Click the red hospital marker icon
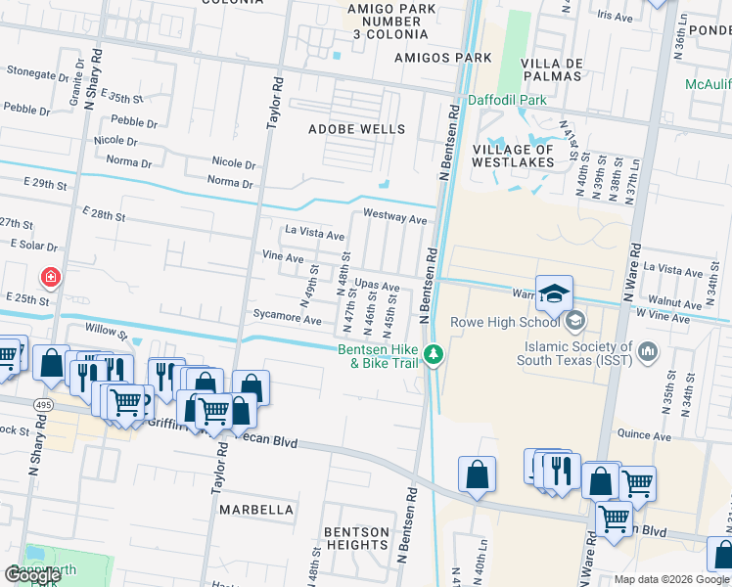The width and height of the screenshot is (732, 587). [50, 278]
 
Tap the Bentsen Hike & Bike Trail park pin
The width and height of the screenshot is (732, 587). [434, 354]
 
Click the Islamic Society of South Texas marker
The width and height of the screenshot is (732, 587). [647, 350]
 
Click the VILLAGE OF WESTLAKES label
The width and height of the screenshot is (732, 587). [513, 156]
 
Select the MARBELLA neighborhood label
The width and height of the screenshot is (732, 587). [255, 510]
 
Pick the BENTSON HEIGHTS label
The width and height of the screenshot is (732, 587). [356, 537]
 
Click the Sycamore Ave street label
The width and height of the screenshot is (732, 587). [287, 320]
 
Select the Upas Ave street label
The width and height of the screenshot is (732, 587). [377, 287]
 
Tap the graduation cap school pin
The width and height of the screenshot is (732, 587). [554, 293]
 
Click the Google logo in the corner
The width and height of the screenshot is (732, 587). [32, 575]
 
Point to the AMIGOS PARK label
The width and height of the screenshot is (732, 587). [429, 58]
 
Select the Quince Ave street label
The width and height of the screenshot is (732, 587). [642, 433]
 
